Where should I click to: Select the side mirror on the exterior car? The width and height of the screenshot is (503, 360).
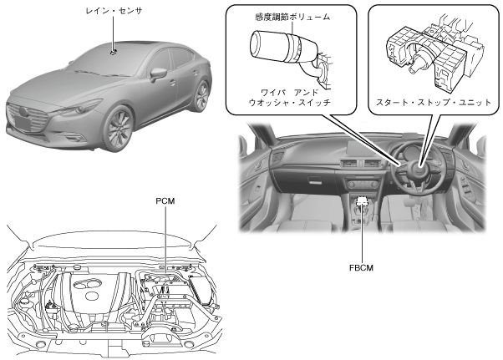pos(157,74)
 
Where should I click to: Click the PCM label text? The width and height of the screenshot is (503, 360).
pos(165,201)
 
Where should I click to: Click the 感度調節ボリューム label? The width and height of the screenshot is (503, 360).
pos(280,17)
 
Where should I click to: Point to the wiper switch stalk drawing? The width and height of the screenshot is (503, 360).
pos(281,50)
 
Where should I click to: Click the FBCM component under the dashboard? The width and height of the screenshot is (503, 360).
pos(362,202)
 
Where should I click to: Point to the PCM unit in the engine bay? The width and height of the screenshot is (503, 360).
pos(167,284)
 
